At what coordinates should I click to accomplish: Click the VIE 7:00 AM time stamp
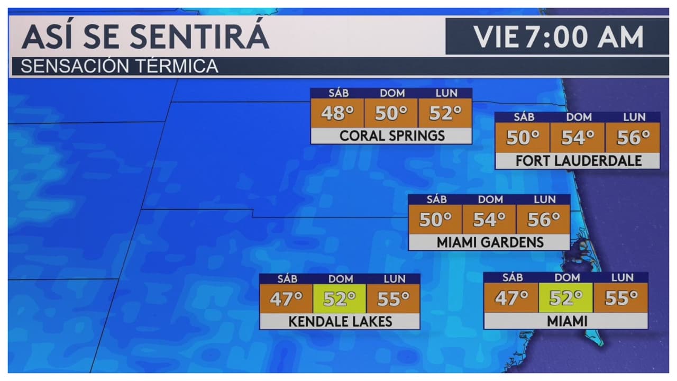558,37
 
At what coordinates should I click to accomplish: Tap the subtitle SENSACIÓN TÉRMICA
120,67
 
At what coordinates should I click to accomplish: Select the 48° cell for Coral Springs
337,113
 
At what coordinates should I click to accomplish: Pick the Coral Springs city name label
391,136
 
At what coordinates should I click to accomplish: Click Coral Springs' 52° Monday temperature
445,113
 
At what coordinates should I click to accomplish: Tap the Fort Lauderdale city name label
578,161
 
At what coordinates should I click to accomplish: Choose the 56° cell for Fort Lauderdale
633,138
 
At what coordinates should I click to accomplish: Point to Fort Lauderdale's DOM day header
579,117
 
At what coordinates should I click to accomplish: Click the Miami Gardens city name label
490,242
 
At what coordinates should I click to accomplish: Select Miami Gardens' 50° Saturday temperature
435,219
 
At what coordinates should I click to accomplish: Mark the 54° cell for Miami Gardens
489,219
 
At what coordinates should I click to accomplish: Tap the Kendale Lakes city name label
340,321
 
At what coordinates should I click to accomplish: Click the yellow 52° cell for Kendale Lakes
340,299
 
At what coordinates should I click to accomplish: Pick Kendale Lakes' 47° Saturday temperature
286,299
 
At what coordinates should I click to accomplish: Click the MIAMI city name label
566,321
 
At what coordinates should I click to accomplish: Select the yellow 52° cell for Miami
565,298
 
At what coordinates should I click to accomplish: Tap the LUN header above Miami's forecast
622,277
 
